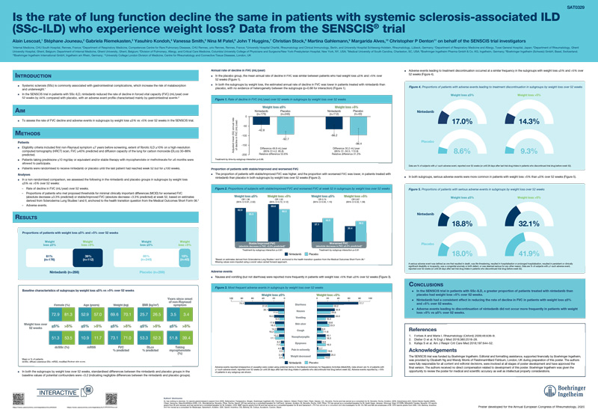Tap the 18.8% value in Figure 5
coord(460,223)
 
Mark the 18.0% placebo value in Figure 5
coord(460,253)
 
